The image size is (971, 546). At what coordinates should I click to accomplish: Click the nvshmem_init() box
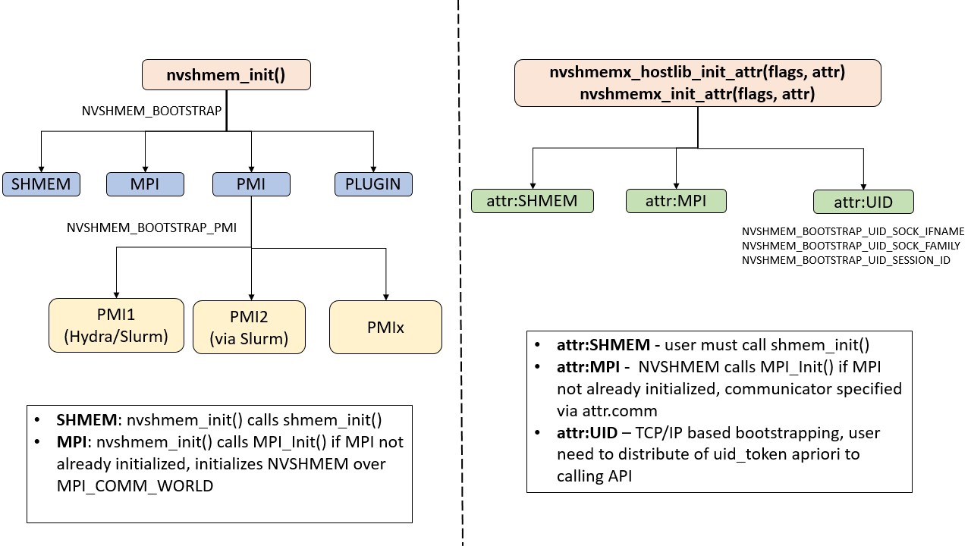coord(225,76)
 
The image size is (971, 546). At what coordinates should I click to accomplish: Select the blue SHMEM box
coord(41,184)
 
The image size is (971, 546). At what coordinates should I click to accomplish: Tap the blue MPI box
coord(145,184)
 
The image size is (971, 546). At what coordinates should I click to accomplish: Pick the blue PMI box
coord(251,184)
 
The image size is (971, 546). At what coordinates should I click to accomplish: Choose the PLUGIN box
coord(373,184)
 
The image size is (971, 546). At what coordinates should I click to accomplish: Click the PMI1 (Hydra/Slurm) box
coord(116,325)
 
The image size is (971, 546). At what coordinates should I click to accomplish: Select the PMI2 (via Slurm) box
coord(249,328)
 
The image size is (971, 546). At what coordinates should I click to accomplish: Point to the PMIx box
coord(385,328)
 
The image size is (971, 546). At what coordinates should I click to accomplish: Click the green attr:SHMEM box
coord(532,201)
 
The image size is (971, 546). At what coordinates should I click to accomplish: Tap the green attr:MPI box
coord(676,201)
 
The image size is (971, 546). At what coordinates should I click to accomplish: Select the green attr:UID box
coord(863,202)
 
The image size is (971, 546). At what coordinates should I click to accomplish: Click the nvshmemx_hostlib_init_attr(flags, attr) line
coord(697,74)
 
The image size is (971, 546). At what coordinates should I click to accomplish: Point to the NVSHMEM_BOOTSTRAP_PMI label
coord(150,227)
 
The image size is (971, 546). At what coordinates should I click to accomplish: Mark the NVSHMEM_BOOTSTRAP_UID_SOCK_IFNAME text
coord(853,231)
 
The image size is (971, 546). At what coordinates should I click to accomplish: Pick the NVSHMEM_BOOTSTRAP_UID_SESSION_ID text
coord(846,260)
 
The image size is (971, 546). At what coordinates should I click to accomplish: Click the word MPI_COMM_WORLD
coord(135,486)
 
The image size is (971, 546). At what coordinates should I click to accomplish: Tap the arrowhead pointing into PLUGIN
coord(373,169)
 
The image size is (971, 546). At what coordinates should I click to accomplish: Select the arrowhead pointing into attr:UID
coord(863,187)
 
